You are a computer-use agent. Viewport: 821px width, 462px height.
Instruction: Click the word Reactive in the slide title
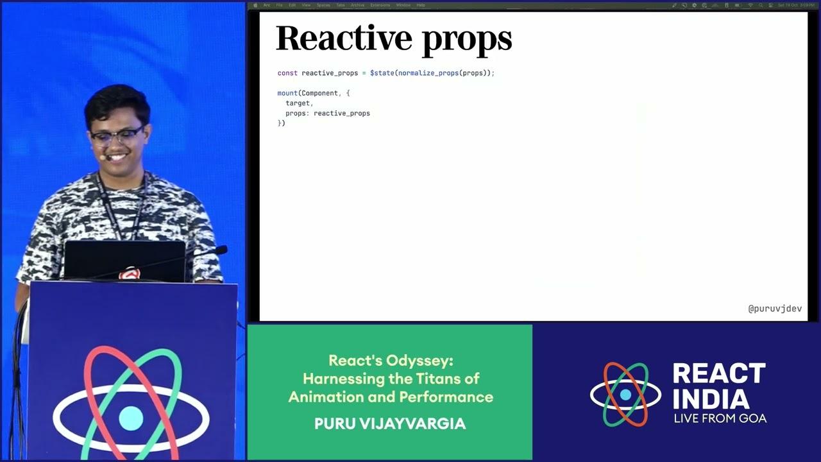tap(338, 38)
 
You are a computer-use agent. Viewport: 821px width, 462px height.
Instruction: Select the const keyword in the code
tap(287, 73)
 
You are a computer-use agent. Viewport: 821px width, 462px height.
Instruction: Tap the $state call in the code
tap(382, 73)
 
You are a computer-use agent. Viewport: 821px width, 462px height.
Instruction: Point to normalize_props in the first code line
tap(428, 73)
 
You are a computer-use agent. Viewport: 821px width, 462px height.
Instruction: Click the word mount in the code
tap(287, 93)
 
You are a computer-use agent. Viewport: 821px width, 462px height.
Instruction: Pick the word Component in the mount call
tap(319, 93)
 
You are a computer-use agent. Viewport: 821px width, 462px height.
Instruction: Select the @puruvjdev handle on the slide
tap(775, 309)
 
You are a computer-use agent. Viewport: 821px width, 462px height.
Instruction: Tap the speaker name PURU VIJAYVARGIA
tap(390, 424)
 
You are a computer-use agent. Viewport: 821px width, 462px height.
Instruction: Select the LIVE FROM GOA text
tap(720, 418)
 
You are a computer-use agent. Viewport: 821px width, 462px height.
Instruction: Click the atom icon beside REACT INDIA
tap(625, 394)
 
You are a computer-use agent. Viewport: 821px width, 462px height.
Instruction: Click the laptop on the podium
tap(125, 260)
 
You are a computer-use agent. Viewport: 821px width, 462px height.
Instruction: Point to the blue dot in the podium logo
tap(131, 418)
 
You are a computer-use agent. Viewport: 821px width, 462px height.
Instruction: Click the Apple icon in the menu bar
tap(255, 5)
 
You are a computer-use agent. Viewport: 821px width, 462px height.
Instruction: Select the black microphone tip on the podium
tap(220, 250)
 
